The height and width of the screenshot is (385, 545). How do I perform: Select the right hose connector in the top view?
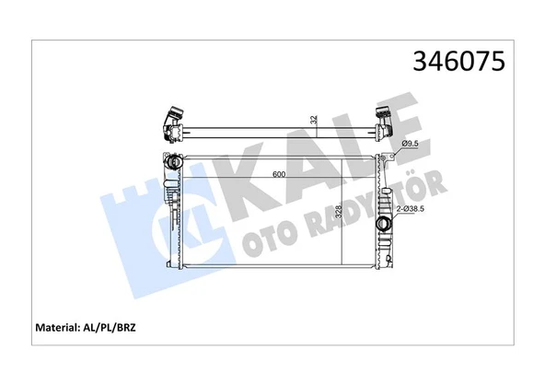[387, 120]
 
